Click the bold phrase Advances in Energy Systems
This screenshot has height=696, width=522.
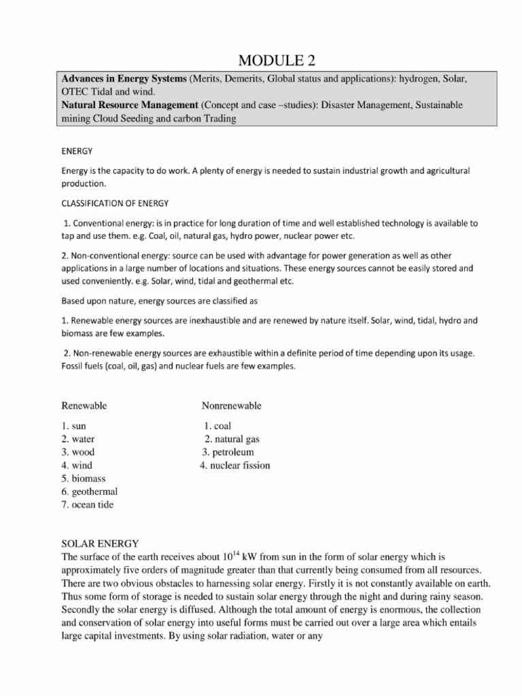[124, 79]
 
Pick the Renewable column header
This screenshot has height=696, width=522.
[84, 406]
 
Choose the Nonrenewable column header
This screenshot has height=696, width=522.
[231, 406]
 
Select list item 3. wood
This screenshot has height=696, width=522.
[77, 452]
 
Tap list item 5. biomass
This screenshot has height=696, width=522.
[84, 478]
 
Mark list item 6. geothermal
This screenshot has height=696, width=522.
[89, 491]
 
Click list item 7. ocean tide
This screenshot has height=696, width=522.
[87, 504]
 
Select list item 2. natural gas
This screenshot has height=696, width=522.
[232, 439]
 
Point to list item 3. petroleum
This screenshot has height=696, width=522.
[228, 452]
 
